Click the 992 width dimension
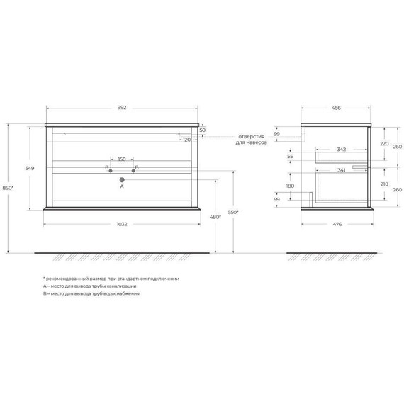(122, 108)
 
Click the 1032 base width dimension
(122, 224)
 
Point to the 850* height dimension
(8, 188)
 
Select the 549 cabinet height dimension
(30, 168)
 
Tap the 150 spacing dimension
(122, 159)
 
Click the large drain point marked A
(122, 179)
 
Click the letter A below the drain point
(122, 186)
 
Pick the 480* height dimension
(215, 217)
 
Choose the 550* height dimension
(233, 212)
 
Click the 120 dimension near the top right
(187, 140)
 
